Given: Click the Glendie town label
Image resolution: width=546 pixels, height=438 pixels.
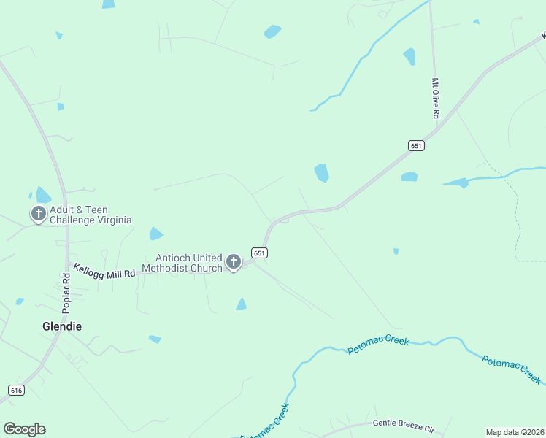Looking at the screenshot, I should (x=61, y=326).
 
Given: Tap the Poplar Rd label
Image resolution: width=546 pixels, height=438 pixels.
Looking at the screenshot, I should (x=66, y=293).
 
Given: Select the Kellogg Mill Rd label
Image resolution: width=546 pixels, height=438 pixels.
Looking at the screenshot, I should (x=104, y=271).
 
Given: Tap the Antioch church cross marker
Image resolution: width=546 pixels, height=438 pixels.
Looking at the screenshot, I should (x=234, y=261).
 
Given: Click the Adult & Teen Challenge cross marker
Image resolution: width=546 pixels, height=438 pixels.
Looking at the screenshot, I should (x=38, y=214).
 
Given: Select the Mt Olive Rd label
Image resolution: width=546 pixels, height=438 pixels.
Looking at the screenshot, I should (x=435, y=99).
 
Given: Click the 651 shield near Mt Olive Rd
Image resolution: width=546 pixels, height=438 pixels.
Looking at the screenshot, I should (x=416, y=146).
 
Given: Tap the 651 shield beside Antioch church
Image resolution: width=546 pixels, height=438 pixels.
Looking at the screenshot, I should (x=260, y=253).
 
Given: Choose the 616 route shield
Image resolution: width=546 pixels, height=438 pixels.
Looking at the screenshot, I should (x=16, y=391).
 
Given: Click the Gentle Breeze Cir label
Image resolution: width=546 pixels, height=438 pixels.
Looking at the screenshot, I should (x=403, y=423).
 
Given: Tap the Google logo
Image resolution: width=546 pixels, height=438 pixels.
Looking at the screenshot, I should (x=24, y=429).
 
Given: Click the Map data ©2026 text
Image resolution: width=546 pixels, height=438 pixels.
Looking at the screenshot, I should (x=514, y=432).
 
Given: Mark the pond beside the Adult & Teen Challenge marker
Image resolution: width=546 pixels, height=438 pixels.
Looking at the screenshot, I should (x=43, y=195).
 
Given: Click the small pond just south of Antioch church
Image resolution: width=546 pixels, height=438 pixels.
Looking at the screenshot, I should (x=241, y=304).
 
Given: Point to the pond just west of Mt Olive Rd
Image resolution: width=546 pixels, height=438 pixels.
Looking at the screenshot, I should (x=409, y=56).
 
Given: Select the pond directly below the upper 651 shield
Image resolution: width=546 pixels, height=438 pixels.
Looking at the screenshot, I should (x=409, y=177).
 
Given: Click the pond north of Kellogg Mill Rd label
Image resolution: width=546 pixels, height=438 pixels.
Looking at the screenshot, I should (x=155, y=234).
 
